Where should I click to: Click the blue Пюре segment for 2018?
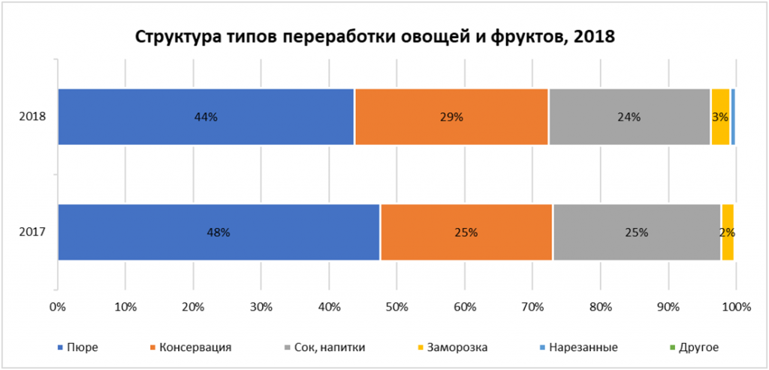(150, 116)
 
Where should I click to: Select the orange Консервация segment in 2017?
(421, 232)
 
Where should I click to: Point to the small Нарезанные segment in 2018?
(733, 116)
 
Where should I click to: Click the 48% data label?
(218, 233)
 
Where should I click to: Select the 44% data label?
(205, 117)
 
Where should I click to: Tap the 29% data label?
(451, 117)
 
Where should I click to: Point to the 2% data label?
(726, 233)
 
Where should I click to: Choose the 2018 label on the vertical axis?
(34, 117)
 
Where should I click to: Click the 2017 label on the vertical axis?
(34, 232)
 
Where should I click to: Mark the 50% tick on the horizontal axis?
(397, 306)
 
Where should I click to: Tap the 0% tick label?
(57, 306)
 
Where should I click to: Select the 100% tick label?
(736, 306)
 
